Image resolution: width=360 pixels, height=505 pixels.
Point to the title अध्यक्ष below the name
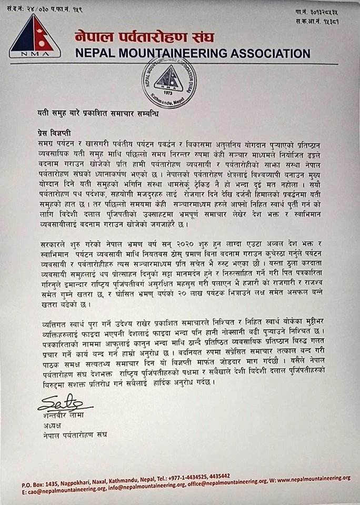(x=48, y=425)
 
